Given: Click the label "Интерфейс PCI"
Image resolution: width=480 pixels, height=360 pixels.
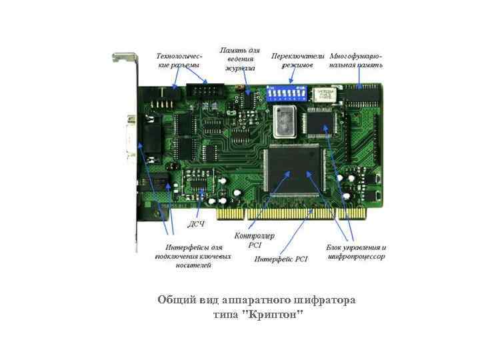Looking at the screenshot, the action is pos(281,259).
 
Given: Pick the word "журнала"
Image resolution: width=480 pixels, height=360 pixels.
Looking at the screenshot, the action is pos(240,68).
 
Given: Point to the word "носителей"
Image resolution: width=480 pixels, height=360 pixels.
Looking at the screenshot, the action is pos(193,265).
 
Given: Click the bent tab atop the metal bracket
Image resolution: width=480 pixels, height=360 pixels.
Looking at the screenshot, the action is pos(124,57).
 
